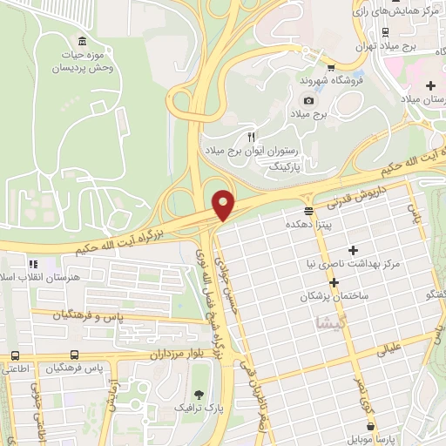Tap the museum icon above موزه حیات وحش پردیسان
(x=82, y=43)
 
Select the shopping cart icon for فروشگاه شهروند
(x=330, y=67)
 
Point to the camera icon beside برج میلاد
(x=308, y=101)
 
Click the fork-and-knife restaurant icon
(x=252, y=137)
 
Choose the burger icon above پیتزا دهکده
(x=308, y=211)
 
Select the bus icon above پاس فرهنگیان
(x=75, y=355)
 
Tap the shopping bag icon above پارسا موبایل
(x=372, y=426)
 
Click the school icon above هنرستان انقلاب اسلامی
(x=33, y=263)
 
